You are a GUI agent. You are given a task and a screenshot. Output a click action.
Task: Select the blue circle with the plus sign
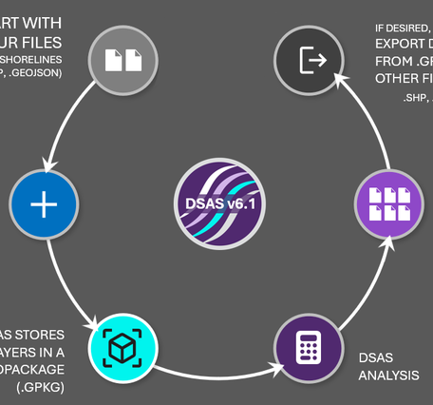click(45, 205)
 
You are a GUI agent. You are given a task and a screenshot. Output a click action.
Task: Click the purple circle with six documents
click(388, 204)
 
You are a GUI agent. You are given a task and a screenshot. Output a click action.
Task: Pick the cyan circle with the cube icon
click(122, 349)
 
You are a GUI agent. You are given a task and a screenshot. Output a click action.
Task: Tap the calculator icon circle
click(308, 349)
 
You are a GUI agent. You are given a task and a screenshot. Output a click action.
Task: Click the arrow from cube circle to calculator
click(214, 371)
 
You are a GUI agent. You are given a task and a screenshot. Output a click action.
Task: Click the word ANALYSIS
click(388, 376)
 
